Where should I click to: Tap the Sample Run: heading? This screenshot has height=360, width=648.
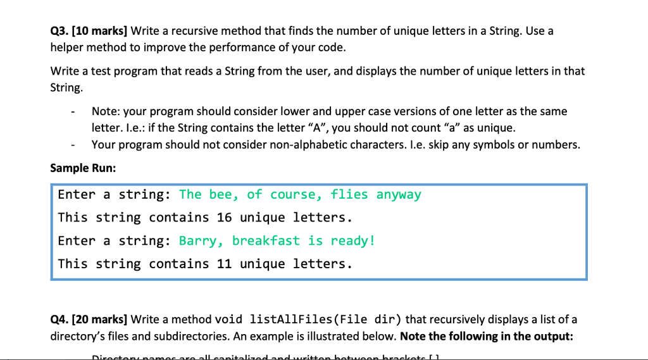click(83, 169)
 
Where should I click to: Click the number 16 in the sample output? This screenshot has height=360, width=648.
click(225, 218)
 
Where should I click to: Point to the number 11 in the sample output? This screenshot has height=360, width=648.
click(225, 263)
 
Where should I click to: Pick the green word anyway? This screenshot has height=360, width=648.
click(399, 195)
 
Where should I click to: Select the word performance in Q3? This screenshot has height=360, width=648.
click(244, 47)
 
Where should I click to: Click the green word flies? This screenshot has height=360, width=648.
click(349, 195)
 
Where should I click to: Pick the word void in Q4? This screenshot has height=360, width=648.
click(229, 319)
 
